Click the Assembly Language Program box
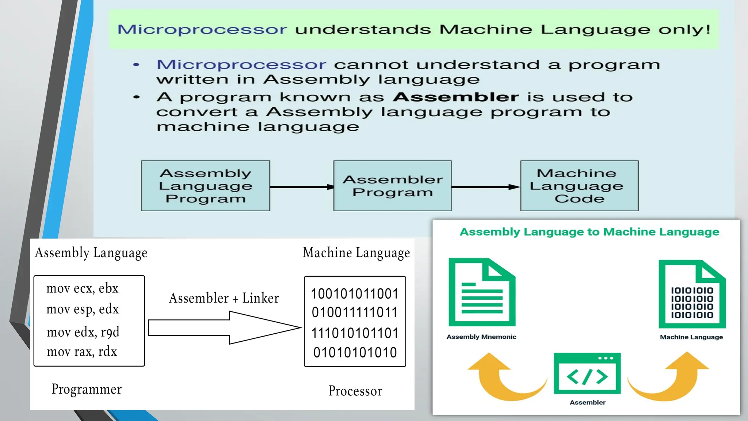pyautogui.click(x=205, y=186)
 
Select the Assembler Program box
pyautogui.click(x=392, y=186)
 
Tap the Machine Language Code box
pyautogui.click(x=579, y=186)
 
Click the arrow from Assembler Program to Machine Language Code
pyautogui.click(x=486, y=187)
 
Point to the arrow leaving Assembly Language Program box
pyautogui.click(x=302, y=187)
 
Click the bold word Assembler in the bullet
pyautogui.click(x=456, y=97)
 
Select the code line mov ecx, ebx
pyautogui.click(x=83, y=288)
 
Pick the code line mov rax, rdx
pyautogui.click(x=82, y=352)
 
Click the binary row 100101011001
pyautogui.click(x=355, y=293)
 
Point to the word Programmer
pyautogui.click(x=87, y=389)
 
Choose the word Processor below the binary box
pyautogui.click(x=355, y=391)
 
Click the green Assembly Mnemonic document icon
pyautogui.click(x=482, y=292)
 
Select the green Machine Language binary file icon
pyautogui.click(x=692, y=294)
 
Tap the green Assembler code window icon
pyautogui.click(x=587, y=373)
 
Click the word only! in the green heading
pyautogui.click(x=684, y=30)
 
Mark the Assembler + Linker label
pyautogui.click(x=224, y=298)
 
